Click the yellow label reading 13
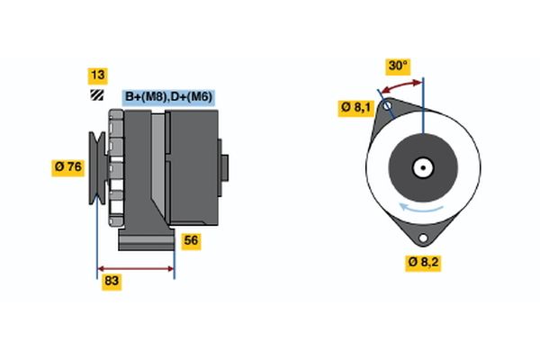[96, 75]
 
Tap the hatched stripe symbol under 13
[96, 95]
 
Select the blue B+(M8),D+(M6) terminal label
[169, 96]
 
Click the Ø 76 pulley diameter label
[68, 166]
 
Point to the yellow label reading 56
[191, 240]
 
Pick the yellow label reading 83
[112, 281]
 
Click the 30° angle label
[398, 66]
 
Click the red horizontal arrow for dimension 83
[135, 268]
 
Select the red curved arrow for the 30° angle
[401, 85]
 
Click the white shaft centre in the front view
[422, 167]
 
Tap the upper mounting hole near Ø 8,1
[388, 108]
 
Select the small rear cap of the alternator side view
[224, 168]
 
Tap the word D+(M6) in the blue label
[193, 96]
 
